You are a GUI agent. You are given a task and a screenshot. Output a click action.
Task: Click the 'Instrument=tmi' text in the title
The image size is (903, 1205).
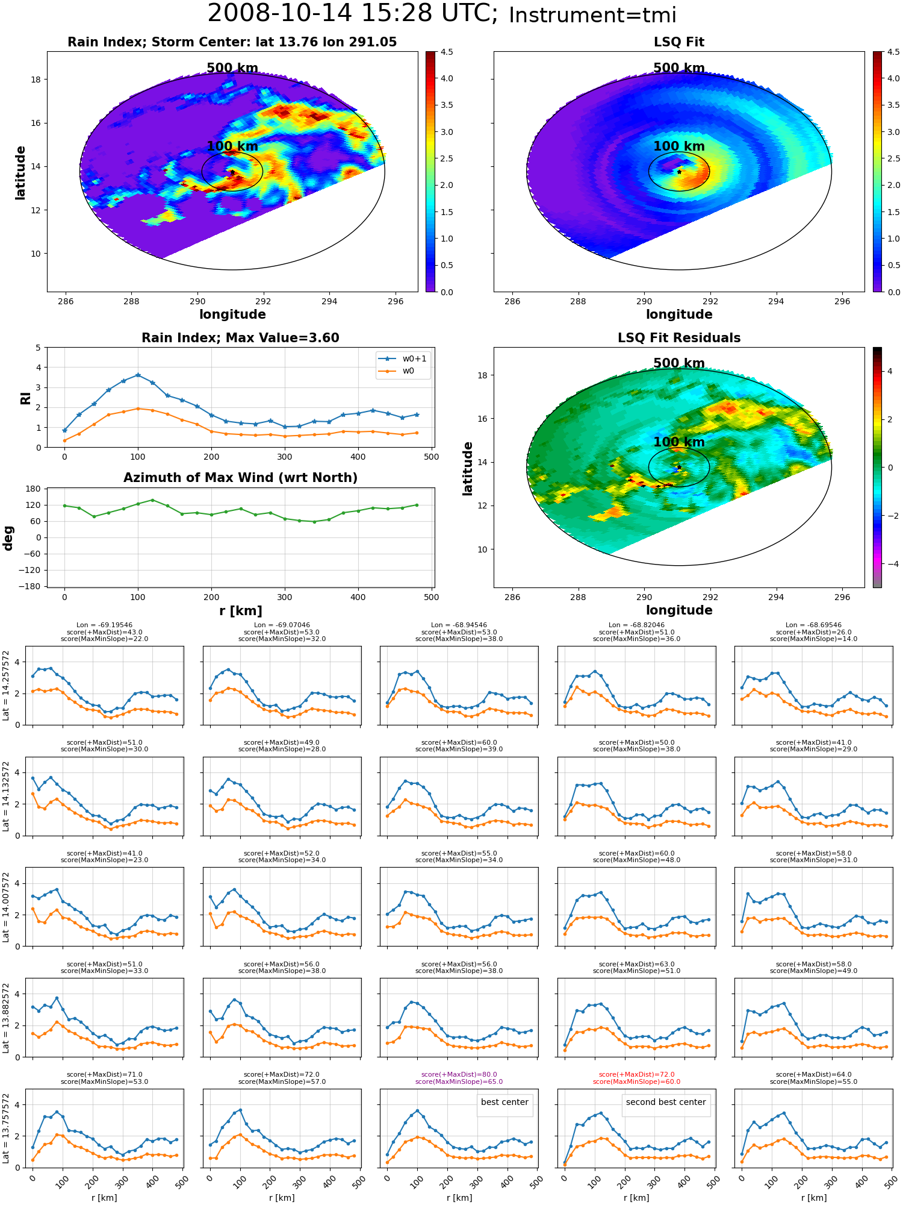(x=592, y=15)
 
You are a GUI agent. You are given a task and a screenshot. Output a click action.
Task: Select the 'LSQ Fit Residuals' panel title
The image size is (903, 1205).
(x=679, y=338)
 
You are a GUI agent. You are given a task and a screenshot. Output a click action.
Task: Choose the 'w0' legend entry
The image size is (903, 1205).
(x=403, y=371)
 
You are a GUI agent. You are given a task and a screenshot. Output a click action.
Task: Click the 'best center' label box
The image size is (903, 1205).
(x=504, y=1102)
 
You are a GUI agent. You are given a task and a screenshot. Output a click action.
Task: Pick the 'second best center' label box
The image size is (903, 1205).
(x=666, y=1102)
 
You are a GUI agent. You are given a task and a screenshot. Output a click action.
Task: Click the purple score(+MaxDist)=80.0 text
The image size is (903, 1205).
(x=459, y=1074)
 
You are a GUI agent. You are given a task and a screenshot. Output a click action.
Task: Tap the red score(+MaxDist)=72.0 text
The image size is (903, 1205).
(x=636, y=1074)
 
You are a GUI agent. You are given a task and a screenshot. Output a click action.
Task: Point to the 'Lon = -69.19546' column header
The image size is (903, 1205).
(x=104, y=625)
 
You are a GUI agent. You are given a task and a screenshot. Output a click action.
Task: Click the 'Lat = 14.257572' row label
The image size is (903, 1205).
(x=6, y=686)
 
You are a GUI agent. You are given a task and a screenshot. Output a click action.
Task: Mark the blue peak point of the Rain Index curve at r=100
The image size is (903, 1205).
(x=138, y=375)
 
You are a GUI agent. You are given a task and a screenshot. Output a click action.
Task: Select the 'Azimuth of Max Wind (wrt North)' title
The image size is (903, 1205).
(x=240, y=478)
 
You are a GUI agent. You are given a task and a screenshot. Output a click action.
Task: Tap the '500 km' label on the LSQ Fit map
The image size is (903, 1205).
(x=679, y=68)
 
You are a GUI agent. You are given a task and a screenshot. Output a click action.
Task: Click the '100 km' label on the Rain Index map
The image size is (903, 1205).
(x=232, y=146)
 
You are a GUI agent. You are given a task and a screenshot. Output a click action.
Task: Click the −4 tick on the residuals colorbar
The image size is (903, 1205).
(x=889, y=564)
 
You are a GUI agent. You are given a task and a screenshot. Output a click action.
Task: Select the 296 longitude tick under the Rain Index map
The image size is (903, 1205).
(x=396, y=301)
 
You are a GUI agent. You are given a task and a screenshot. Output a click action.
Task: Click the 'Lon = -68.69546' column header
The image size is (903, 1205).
(x=814, y=625)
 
